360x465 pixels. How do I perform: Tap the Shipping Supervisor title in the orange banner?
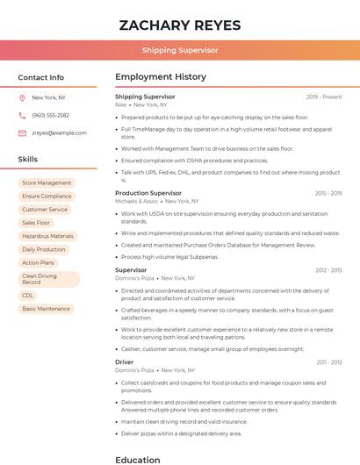179,50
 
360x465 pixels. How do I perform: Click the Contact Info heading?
40,77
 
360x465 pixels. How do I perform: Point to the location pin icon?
22,97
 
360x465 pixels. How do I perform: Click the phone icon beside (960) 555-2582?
22,115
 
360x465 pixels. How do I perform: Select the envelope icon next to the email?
22,132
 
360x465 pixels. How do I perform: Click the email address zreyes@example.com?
59,132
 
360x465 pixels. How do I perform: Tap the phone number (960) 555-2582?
50,115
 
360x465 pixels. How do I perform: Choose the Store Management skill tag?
47,182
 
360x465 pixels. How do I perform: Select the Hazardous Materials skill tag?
47,236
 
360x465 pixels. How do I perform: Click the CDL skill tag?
28,296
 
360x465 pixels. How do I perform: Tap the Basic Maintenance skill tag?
46,309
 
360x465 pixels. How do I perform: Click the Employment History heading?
160,77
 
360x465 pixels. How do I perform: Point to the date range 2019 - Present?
323,97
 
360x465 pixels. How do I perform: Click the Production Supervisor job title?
148,192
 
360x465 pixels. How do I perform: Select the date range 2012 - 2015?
328,270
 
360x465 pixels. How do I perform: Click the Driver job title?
124,361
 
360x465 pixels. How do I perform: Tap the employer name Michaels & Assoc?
136,201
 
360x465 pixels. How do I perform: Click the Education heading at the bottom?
137,459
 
